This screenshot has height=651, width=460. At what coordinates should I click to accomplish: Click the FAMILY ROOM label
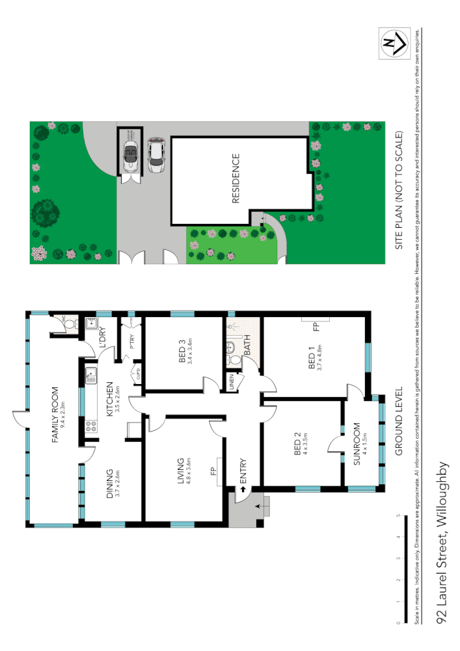coord(56,415)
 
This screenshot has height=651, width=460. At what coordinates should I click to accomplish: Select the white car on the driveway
coord(155,155)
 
